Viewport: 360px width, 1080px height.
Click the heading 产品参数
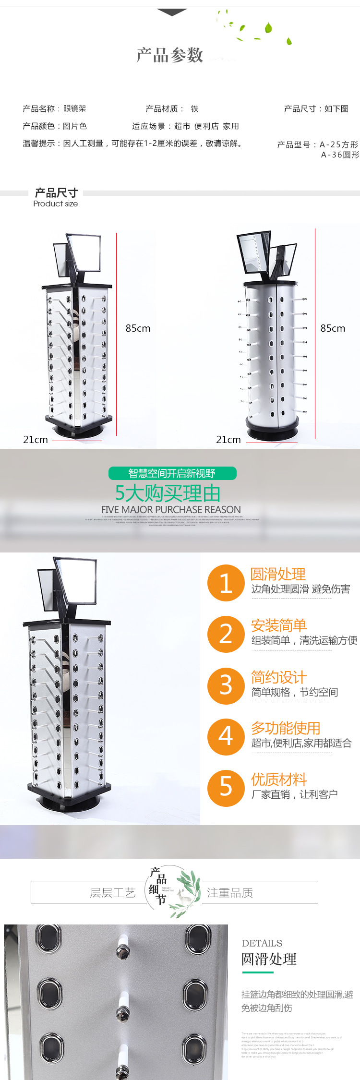[170, 55]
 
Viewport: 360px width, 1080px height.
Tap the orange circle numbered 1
[226, 583]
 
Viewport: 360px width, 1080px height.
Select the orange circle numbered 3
[226, 686]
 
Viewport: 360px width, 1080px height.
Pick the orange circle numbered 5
[226, 787]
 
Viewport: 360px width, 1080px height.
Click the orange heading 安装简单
[278, 625]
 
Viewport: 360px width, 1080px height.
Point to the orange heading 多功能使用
[285, 728]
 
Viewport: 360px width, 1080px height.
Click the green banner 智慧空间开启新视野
[172, 473]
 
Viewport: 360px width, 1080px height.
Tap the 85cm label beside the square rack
[138, 328]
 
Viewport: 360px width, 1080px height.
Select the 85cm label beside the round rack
[333, 328]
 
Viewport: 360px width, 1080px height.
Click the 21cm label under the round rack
[228, 440]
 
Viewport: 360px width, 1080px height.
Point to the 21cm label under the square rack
[36, 440]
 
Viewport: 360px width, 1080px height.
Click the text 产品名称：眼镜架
[54, 109]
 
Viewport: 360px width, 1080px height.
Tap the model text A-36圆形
[340, 155]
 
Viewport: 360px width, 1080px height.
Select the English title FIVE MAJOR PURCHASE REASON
[171, 509]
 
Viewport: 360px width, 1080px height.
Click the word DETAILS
[262, 943]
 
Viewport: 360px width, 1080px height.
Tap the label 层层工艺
[113, 893]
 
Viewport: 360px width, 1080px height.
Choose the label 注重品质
[229, 893]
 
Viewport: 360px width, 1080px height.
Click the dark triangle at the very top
[172, 12]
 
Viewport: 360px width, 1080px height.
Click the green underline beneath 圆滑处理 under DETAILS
[258, 972]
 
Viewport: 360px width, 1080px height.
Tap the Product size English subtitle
[55, 204]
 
